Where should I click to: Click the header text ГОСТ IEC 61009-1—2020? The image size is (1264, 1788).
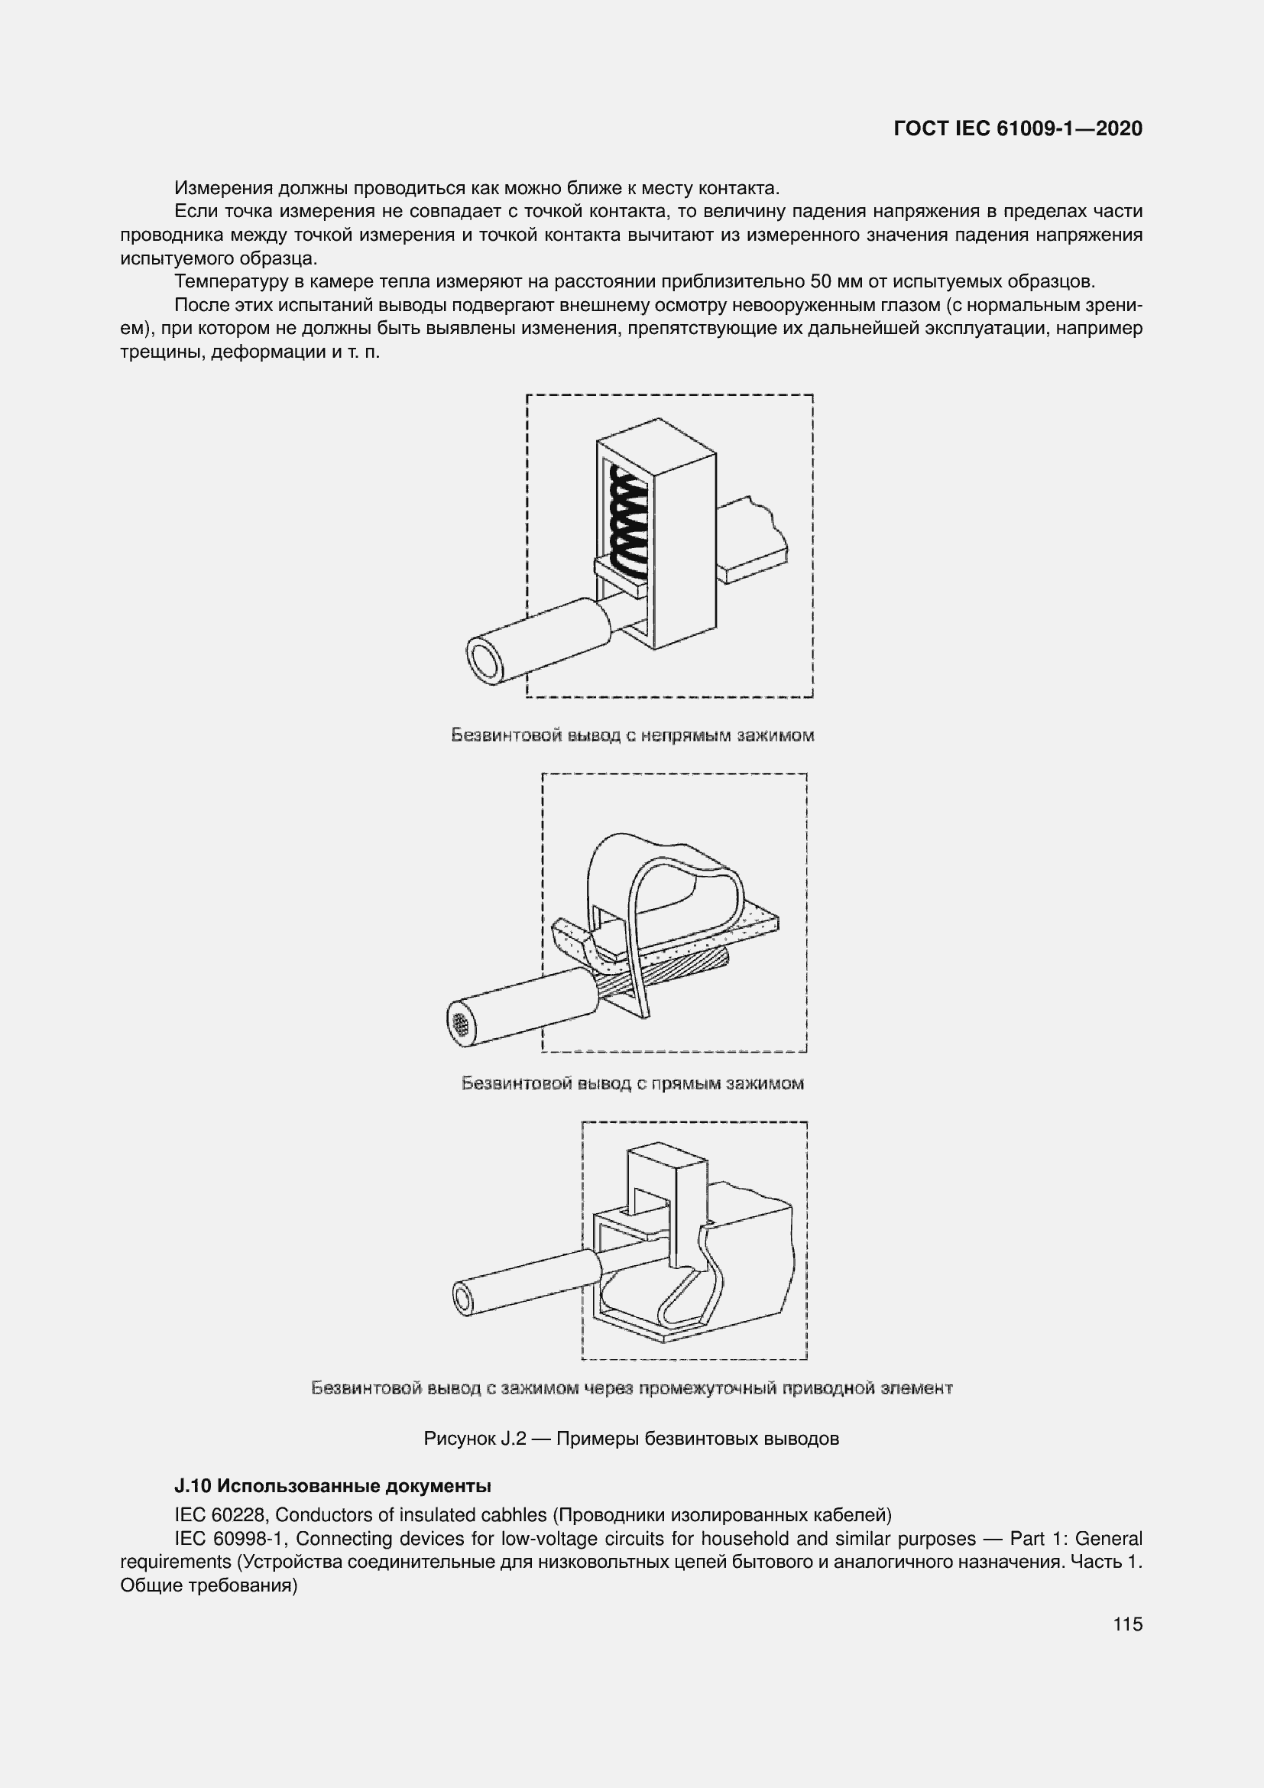1017,128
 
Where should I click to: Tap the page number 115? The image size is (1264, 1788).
1127,1624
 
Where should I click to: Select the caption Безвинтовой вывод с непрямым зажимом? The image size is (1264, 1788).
632,735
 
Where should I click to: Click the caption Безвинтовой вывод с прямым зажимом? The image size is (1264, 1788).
632,1083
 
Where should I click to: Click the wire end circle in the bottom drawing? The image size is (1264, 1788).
463,1299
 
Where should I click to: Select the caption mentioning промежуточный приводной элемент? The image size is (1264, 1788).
632,1387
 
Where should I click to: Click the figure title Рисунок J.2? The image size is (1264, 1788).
631,1439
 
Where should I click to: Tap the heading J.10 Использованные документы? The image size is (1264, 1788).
332,1486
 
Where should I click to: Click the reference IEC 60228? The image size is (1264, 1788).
219,1514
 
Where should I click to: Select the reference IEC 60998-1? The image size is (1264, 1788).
230,1538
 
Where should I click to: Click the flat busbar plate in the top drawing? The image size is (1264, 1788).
752,545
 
